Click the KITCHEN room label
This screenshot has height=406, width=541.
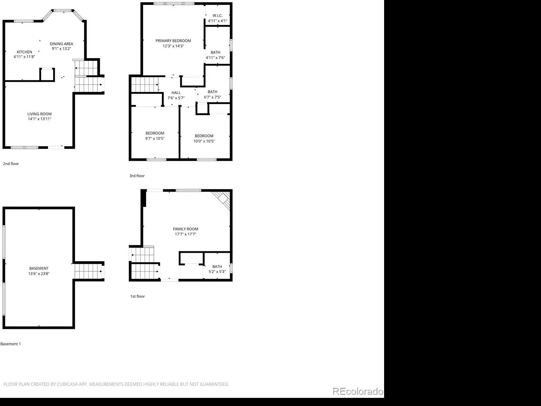coord(24,52)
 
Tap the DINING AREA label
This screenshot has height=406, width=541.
coord(62,44)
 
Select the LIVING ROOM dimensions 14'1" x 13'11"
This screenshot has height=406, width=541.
coord(40,118)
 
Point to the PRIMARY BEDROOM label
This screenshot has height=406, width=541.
coord(173,41)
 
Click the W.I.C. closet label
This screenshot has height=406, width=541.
coord(217,16)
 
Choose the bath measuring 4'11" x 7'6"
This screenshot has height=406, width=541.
coord(215,55)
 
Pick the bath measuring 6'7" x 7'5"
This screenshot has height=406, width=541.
coord(212,94)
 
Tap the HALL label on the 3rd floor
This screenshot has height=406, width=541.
coord(176,93)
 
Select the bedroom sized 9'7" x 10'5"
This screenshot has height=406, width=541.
coord(155,136)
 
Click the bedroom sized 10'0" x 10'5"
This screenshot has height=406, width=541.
coord(204,138)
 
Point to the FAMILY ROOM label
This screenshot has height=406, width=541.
coord(186,229)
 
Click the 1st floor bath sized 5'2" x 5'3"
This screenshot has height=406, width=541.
coord(217,269)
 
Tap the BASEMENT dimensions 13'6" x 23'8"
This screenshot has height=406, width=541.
coord(39,273)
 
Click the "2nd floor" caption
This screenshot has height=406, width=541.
coord(11,164)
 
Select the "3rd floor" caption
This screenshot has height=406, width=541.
coord(137,176)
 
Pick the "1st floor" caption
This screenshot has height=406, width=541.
coord(138,296)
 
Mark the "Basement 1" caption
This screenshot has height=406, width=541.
coord(10,344)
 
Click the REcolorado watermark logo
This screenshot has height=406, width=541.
coord(358,391)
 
